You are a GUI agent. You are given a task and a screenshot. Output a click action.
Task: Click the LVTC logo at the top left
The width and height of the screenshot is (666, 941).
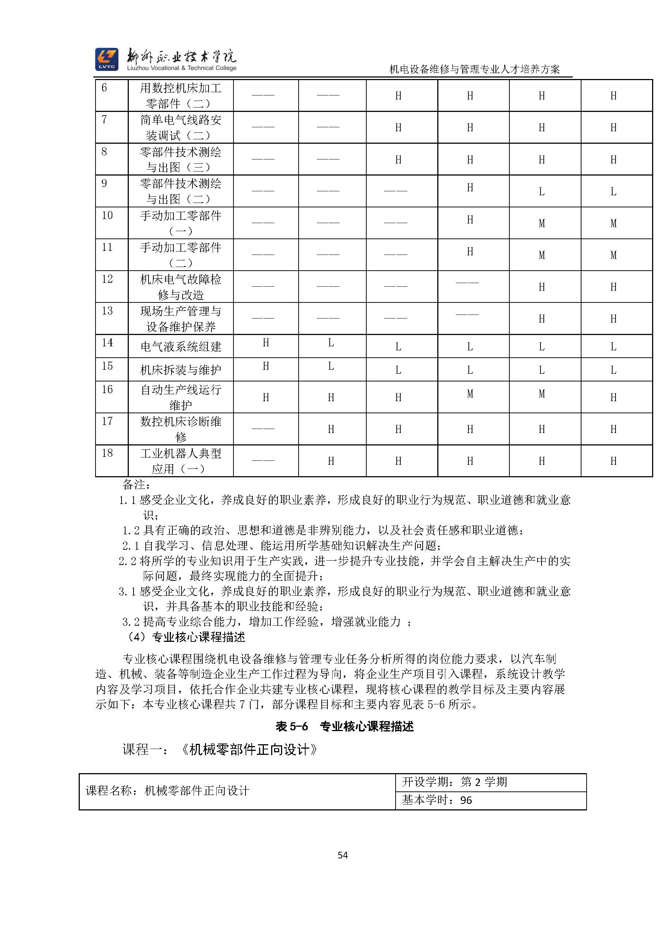pyautogui.click(x=106, y=59)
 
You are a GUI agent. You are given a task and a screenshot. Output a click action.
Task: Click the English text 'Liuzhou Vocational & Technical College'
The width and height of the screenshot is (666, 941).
pyautogui.click(x=182, y=68)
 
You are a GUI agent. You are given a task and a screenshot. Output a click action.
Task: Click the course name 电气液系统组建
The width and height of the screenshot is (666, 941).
pyautogui.click(x=180, y=347)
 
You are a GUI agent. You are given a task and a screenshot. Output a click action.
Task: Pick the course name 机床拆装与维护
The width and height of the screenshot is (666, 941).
pyautogui.click(x=180, y=370)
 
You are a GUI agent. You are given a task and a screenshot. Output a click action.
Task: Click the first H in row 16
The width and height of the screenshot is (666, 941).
pyautogui.click(x=266, y=397)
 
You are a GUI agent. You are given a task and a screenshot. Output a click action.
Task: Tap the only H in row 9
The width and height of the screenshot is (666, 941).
pyautogui.click(x=470, y=188)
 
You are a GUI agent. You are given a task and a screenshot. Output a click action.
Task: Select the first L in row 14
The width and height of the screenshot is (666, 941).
pyautogui.click(x=331, y=343)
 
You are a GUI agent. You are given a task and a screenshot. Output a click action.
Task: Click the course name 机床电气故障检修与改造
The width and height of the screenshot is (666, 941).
pyautogui.click(x=180, y=287)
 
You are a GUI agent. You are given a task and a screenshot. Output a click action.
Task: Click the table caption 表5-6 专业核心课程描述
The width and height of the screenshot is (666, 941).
pyautogui.click(x=344, y=727)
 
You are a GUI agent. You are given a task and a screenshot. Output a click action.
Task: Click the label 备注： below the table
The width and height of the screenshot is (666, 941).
pyautogui.click(x=136, y=485)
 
